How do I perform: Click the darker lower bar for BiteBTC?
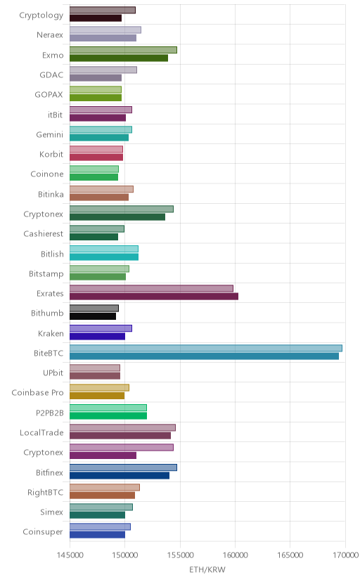click(204, 356)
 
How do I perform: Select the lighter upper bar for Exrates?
click(151, 288)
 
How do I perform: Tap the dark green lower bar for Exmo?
click(119, 58)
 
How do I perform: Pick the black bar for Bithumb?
click(93, 316)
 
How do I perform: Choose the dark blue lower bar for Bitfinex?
click(120, 475)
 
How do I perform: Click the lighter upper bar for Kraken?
click(101, 328)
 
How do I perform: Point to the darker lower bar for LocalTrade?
click(120, 436)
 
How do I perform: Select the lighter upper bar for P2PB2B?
click(108, 408)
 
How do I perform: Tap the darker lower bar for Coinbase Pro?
click(97, 396)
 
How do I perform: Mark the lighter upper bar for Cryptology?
click(103, 10)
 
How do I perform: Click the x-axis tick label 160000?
click(235, 555)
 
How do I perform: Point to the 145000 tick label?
click(70, 555)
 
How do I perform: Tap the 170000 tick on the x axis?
click(345, 555)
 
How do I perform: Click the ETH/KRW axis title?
click(207, 569)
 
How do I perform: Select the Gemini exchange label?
click(50, 134)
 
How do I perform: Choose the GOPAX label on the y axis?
click(49, 95)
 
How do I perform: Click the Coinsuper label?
click(43, 531)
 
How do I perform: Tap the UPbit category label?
click(53, 373)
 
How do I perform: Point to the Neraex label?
click(50, 35)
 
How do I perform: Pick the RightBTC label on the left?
click(45, 492)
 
